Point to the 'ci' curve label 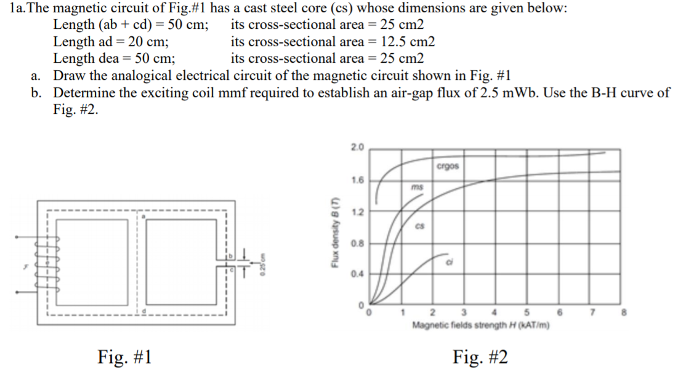(x=450, y=262)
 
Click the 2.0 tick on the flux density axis (x=357, y=148)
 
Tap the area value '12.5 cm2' (x=408, y=42)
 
